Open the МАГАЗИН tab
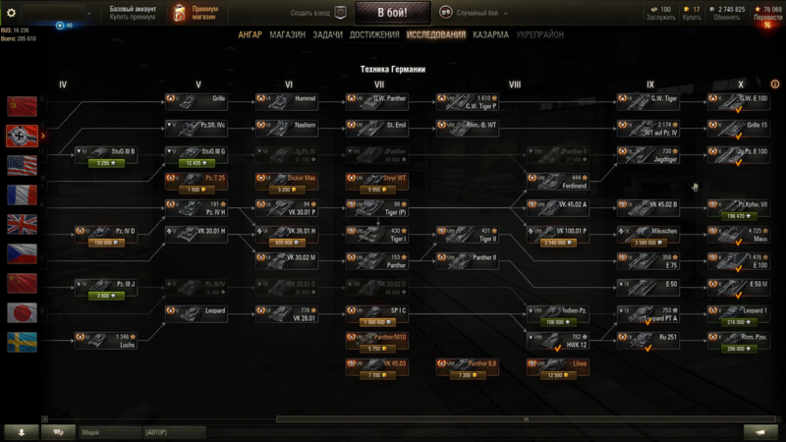pyautogui.click(x=287, y=34)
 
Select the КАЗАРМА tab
pyautogui.click(x=490, y=34)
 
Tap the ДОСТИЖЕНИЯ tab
pyautogui.click(x=374, y=34)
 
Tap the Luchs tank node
pyautogui.click(x=105, y=341)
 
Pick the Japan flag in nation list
pyautogui.click(x=22, y=312)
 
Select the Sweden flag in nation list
pyautogui.click(x=22, y=342)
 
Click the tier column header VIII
pyautogui.click(x=515, y=84)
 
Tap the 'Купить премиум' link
pyautogui.click(x=132, y=17)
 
